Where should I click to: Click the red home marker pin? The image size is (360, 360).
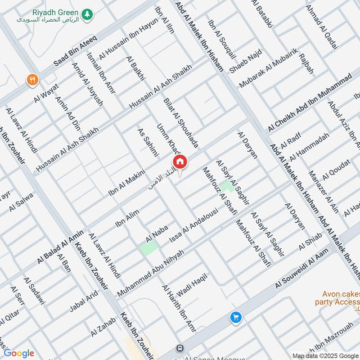point(180,162)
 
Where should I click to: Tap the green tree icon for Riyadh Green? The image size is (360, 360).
point(87,14)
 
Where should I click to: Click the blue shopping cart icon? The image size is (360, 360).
point(235,318)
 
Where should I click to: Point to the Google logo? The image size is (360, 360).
point(18,353)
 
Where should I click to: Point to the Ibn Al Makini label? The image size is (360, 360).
point(126,182)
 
